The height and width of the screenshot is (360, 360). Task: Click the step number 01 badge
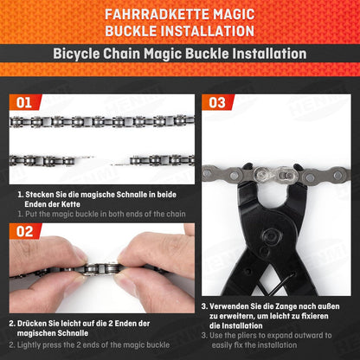click(25, 102)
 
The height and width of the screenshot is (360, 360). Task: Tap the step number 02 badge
click(25, 231)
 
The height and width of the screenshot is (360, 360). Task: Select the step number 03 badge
click(218, 102)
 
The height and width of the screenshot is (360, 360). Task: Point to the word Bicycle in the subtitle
click(76, 54)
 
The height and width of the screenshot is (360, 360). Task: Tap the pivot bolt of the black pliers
click(271, 236)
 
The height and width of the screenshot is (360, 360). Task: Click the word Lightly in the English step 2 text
click(29, 345)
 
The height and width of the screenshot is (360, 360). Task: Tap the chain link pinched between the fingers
click(100, 269)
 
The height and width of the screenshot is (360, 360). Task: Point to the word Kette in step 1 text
click(71, 204)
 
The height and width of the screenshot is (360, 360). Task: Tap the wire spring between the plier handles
click(274, 285)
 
